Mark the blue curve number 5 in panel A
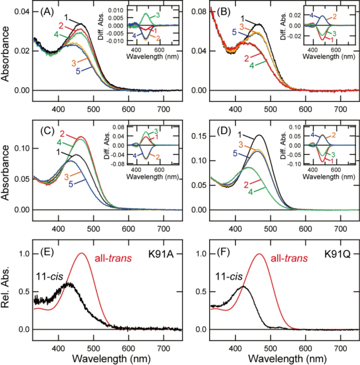[77, 72]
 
